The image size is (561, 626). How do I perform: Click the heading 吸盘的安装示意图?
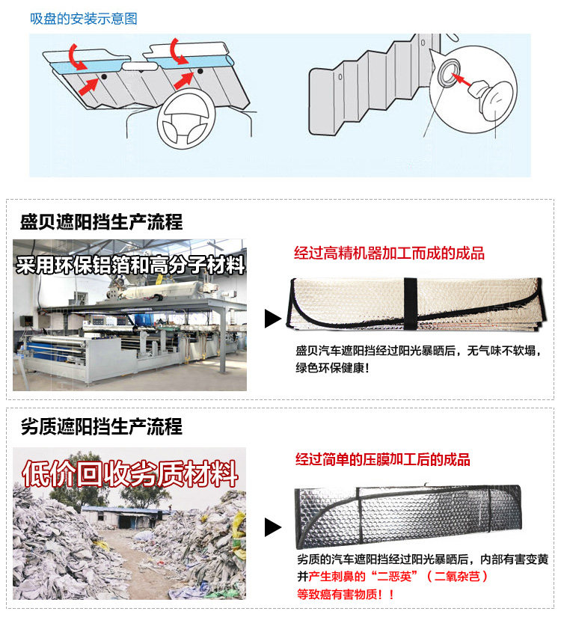[x=84, y=19]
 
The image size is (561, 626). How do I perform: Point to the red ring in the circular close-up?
[x=447, y=73]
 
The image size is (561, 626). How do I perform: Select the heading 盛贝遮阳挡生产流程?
[x=101, y=222]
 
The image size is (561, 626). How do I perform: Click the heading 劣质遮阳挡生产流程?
[x=101, y=427]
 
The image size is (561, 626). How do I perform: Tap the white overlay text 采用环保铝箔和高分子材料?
[x=131, y=265]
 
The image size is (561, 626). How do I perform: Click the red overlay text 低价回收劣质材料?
[x=130, y=473]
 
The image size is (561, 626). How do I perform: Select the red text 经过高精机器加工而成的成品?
[x=389, y=254]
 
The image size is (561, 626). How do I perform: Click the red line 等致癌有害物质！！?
[x=346, y=595]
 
